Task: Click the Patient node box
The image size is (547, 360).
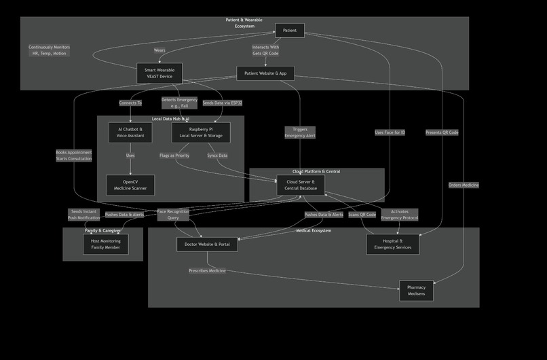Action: point(290,31)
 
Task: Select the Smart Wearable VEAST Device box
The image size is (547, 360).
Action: point(159,73)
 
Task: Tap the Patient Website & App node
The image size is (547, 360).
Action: point(265,73)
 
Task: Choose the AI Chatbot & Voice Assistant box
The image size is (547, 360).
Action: point(130,132)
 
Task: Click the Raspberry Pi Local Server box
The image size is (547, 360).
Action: point(201,132)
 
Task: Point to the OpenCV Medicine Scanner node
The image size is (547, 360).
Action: point(130,185)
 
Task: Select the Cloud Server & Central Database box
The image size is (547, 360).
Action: point(301,185)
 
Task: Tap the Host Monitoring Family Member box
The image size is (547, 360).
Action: point(106,245)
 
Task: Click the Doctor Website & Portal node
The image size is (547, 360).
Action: point(208,245)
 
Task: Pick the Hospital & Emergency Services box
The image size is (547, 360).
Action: point(392,244)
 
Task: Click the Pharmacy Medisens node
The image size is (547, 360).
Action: point(416,291)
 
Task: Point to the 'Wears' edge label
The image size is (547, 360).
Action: point(159,50)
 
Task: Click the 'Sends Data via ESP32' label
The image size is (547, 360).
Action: point(222,103)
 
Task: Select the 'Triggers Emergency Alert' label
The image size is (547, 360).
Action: point(300,132)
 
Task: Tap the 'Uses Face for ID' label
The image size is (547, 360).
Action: point(390,132)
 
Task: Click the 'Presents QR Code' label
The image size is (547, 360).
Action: point(442,132)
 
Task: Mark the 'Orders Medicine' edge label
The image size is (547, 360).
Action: point(464,185)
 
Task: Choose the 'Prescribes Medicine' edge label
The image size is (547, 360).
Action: point(207,271)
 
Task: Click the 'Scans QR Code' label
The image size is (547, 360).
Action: point(362,215)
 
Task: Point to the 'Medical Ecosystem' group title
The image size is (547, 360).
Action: point(314,231)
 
